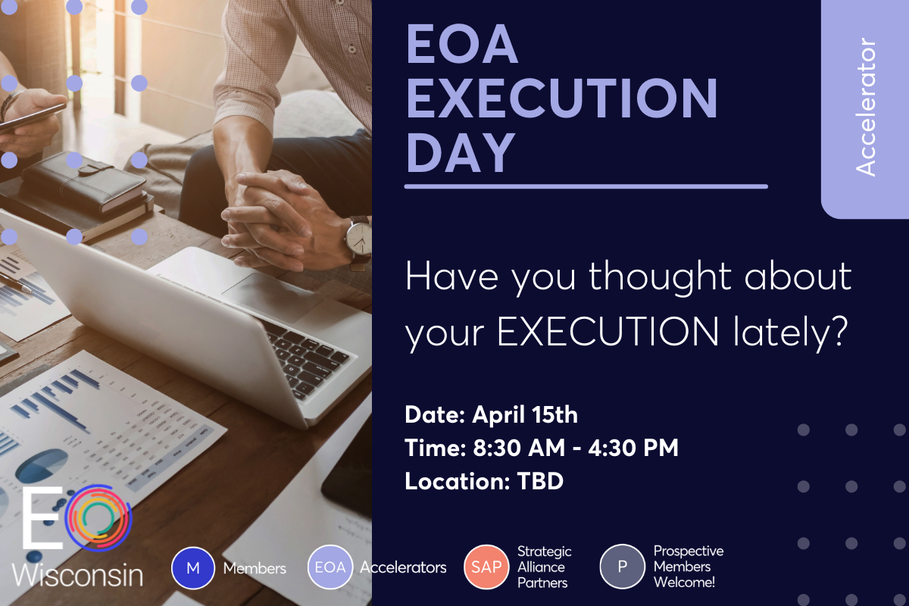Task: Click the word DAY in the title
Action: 461,153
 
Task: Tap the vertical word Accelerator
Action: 866,107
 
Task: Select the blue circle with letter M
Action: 192,568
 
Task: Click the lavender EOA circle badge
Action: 330,567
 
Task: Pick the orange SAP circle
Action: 486,567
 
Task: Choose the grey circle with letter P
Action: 623,566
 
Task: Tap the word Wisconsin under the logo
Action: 77,574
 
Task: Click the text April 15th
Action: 525,415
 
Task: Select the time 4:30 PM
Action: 633,448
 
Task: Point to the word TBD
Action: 540,481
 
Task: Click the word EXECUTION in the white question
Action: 608,332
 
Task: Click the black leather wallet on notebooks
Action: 84,182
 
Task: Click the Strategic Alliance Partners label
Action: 544,567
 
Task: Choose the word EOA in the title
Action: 462,44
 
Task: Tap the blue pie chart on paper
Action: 42,465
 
